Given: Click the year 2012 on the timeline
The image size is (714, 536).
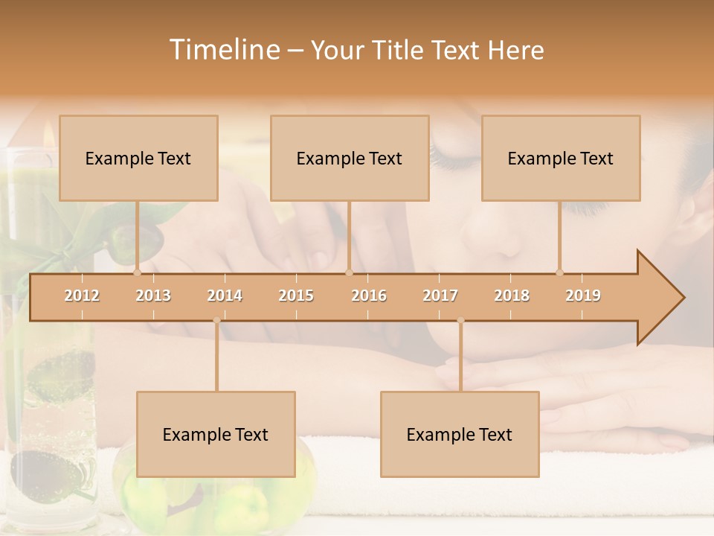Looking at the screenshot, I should (82, 296).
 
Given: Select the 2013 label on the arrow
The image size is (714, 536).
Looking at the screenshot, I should (153, 296).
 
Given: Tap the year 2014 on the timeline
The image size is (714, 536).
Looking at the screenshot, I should (225, 296).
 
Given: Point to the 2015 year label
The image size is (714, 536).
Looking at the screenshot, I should (296, 296).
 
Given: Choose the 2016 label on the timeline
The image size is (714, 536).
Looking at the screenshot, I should (369, 296).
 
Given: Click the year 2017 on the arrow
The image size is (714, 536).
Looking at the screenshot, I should (440, 296).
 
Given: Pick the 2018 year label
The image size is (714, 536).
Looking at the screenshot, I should (512, 296).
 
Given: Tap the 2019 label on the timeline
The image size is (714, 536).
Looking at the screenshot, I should (583, 296).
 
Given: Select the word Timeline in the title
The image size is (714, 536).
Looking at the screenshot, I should (223, 50).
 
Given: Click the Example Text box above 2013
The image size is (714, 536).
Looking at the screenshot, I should (138, 158).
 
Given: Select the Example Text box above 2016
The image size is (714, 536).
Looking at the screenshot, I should (350, 158).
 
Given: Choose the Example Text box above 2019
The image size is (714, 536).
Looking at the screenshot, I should (561, 158).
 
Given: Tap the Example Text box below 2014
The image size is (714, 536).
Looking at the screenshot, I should (216, 434).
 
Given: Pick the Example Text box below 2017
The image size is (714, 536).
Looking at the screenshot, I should (460, 434).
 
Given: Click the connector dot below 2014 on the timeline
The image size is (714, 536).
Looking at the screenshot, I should (216, 321).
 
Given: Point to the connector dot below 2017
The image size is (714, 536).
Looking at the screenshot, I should (460, 321).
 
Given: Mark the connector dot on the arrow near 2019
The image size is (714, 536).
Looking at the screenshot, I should (560, 272).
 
